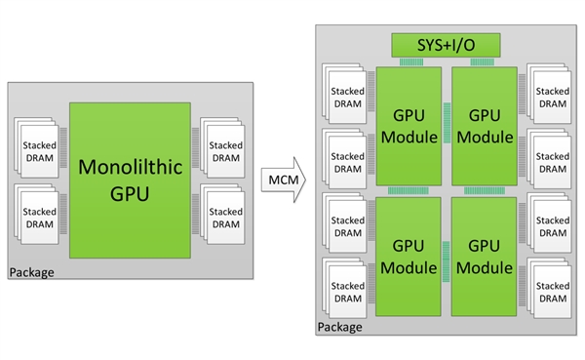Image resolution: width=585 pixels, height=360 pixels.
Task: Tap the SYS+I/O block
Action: point(445,45)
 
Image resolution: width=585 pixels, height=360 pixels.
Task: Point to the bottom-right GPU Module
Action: point(484,253)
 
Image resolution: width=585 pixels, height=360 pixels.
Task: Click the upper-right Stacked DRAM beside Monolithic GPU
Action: point(225,150)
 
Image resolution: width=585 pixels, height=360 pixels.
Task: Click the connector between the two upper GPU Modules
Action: point(447,125)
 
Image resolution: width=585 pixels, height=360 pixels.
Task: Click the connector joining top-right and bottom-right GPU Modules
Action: point(484,189)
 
